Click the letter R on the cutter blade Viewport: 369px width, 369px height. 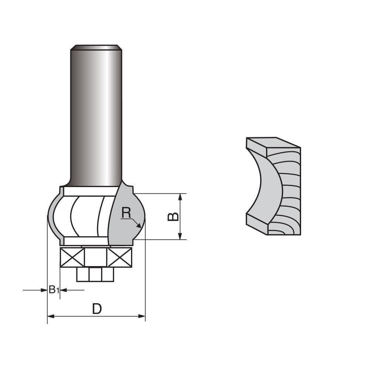coord(126,213)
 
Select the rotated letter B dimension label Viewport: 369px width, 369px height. coord(173,216)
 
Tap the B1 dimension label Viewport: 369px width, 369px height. coord(54,290)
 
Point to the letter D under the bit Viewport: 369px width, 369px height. coord(97,309)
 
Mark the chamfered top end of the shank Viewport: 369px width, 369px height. coord(96,47)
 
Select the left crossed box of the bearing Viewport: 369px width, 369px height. coord(72,257)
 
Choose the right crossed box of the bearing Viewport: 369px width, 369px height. coord(119,257)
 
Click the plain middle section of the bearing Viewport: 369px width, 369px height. coord(96,257)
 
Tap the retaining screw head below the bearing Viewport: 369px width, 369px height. coord(95,274)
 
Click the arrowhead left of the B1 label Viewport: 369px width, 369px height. coord(44,290)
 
